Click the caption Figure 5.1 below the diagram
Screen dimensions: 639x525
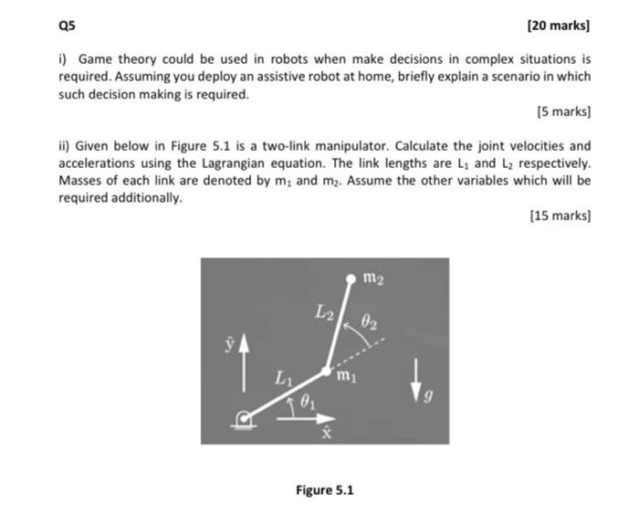[x=324, y=490]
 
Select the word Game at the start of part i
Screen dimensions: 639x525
[x=92, y=59]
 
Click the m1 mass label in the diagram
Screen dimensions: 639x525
[x=345, y=375]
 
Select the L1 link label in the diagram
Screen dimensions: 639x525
[x=283, y=375]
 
